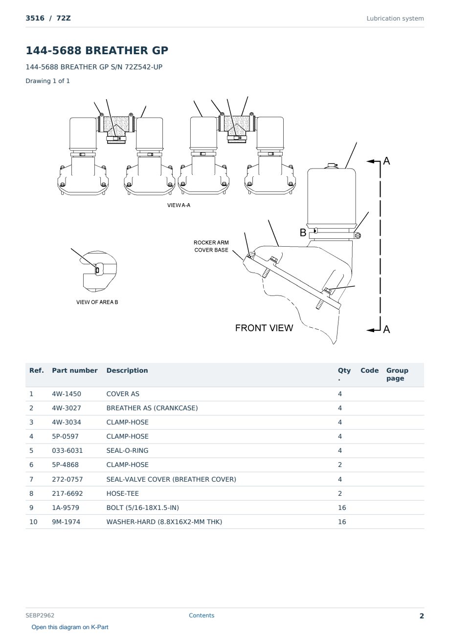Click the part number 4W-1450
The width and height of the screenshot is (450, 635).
point(67,394)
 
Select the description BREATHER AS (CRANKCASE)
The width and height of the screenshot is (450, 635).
point(152,408)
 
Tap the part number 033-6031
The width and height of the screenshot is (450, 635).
point(67,450)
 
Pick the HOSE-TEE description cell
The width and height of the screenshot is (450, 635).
point(123,493)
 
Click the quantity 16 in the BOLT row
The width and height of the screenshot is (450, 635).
point(342,508)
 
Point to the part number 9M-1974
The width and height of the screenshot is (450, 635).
point(66,522)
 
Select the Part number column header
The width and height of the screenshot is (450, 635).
point(75,371)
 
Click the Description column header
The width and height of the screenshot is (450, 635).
point(127,371)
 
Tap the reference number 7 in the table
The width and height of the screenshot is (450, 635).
point(31,479)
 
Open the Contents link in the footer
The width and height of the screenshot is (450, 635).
point(202,615)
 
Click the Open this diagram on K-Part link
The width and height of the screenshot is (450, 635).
point(70,627)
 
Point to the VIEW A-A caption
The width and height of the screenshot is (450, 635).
point(179,205)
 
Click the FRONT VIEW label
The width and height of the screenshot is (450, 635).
point(264,328)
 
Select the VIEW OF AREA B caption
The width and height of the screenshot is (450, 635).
point(97,302)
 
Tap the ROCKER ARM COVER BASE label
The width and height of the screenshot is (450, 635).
point(211,246)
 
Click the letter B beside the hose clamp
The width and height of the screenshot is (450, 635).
point(303,233)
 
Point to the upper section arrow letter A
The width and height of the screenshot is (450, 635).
point(386,161)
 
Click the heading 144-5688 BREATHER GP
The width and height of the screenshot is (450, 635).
point(97,50)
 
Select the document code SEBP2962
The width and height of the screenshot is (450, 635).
point(40,615)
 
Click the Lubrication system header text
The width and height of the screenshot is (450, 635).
point(395,19)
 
